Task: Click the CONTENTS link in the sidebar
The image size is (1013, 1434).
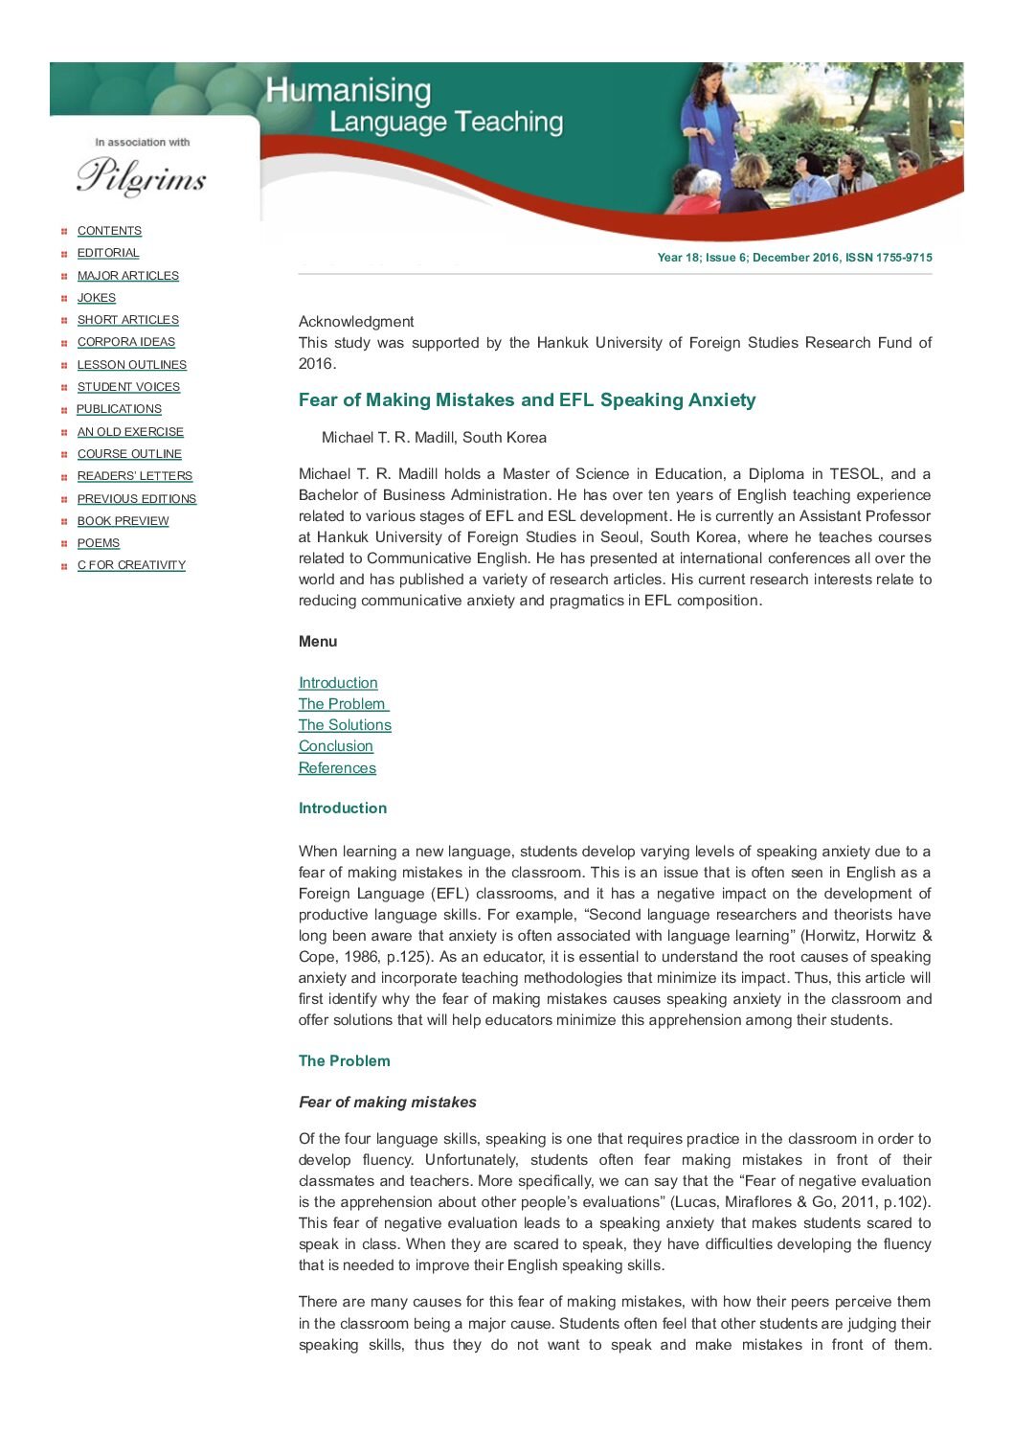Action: pyautogui.click(x=109, y=231)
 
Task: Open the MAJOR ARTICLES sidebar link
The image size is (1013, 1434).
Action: pyautogui.click(x=127, y=276)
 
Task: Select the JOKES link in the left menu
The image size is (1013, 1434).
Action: pyautogui.click(x=96, y=298)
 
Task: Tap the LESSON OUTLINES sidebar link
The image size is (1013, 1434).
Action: pyautogui.click(x=131, y=365)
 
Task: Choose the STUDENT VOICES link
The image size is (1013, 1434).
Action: pyautogui.click(x=128, y=387)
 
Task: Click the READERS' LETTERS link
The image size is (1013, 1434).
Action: pyautogui.click(x=134, y=476)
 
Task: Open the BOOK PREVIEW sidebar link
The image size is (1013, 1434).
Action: pyautogui.click(x=123, y=521)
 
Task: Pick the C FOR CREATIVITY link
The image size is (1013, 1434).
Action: pyautogui.click(x=131, y=565)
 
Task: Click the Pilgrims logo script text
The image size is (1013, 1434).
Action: pyautogui.click(x=142, y=176)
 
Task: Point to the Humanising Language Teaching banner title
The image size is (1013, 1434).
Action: pyautogui.click(x=414, y=105)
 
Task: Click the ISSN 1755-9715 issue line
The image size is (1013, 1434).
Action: pyautogui.click(x=794, y=258)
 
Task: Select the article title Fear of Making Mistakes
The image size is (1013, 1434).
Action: pyautogui.click(x=527, y=400)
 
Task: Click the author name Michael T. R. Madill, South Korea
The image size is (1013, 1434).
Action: pyautogui.click(x=434, y=438)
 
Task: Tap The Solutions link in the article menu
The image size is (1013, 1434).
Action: pyautogui.click(x=345, y=725)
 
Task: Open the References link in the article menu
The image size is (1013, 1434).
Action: pyautogui.click(x=337, y=768)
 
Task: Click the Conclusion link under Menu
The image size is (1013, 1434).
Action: pyautogui.click(x=335, y=746)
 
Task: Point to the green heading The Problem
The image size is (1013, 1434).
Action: pyautogui.click(x=344, y=1061)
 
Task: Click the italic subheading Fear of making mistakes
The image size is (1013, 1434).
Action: pyautogui.click(x=387, y=1103)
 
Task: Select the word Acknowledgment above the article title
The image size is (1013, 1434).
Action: pyautogui.click(x=356, y=322)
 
